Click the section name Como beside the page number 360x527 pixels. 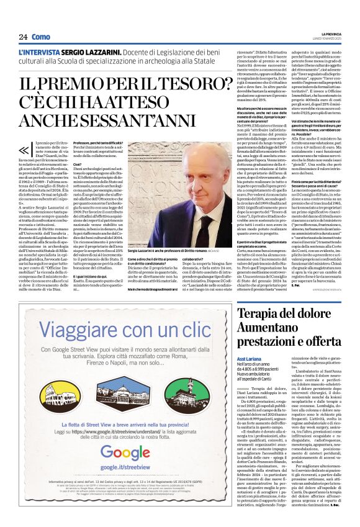click(x=40, y=37)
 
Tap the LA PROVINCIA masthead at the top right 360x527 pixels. click(x=332, y=34)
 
